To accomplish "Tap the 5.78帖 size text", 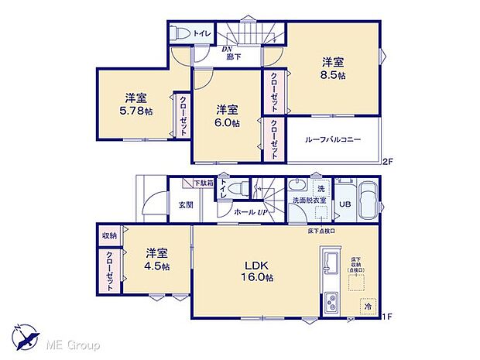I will point(136,111).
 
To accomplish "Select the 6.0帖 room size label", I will point(227,122).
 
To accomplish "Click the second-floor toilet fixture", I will point(181,34).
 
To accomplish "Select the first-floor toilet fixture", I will point(242,189).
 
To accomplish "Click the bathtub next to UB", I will point(367,201).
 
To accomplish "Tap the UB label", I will point(345,204).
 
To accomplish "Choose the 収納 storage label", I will point(108,235).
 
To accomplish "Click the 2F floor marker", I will point(387,161).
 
